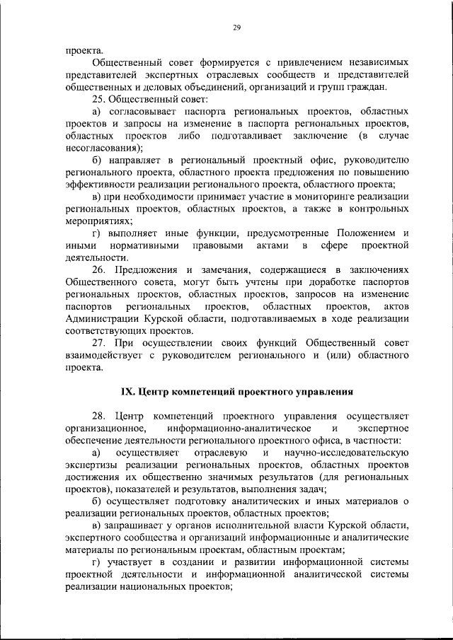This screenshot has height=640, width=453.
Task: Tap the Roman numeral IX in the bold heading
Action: [x=128, y=391]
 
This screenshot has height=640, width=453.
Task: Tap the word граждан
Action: [x=367, y=87]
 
